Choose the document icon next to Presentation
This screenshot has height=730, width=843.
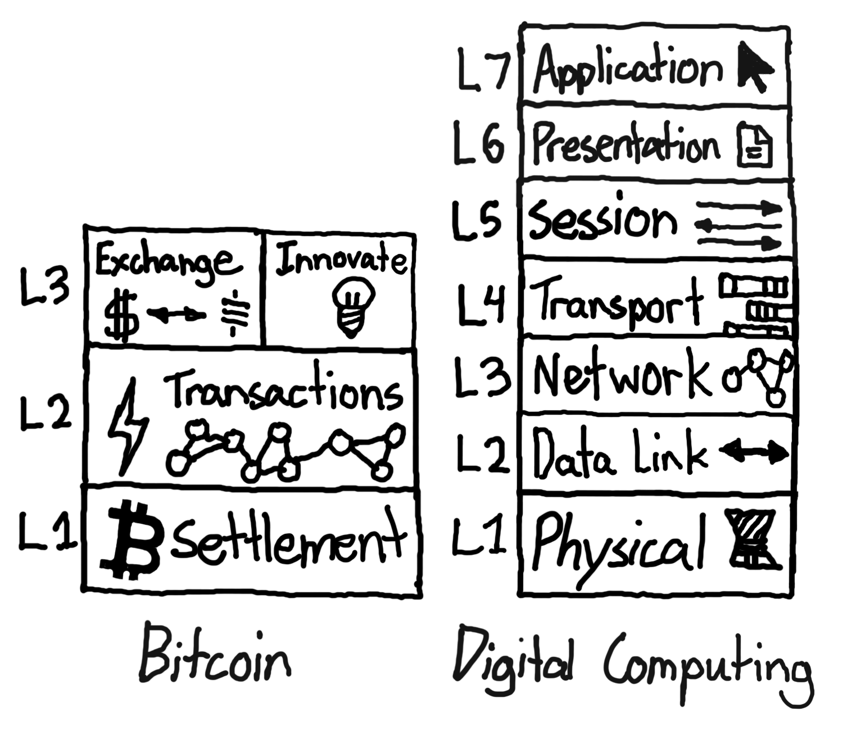[754, 144]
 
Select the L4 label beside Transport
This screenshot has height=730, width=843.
[481, 305]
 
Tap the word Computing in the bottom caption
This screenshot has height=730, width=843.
[708, 669]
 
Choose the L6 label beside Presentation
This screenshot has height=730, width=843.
[479, 144]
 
